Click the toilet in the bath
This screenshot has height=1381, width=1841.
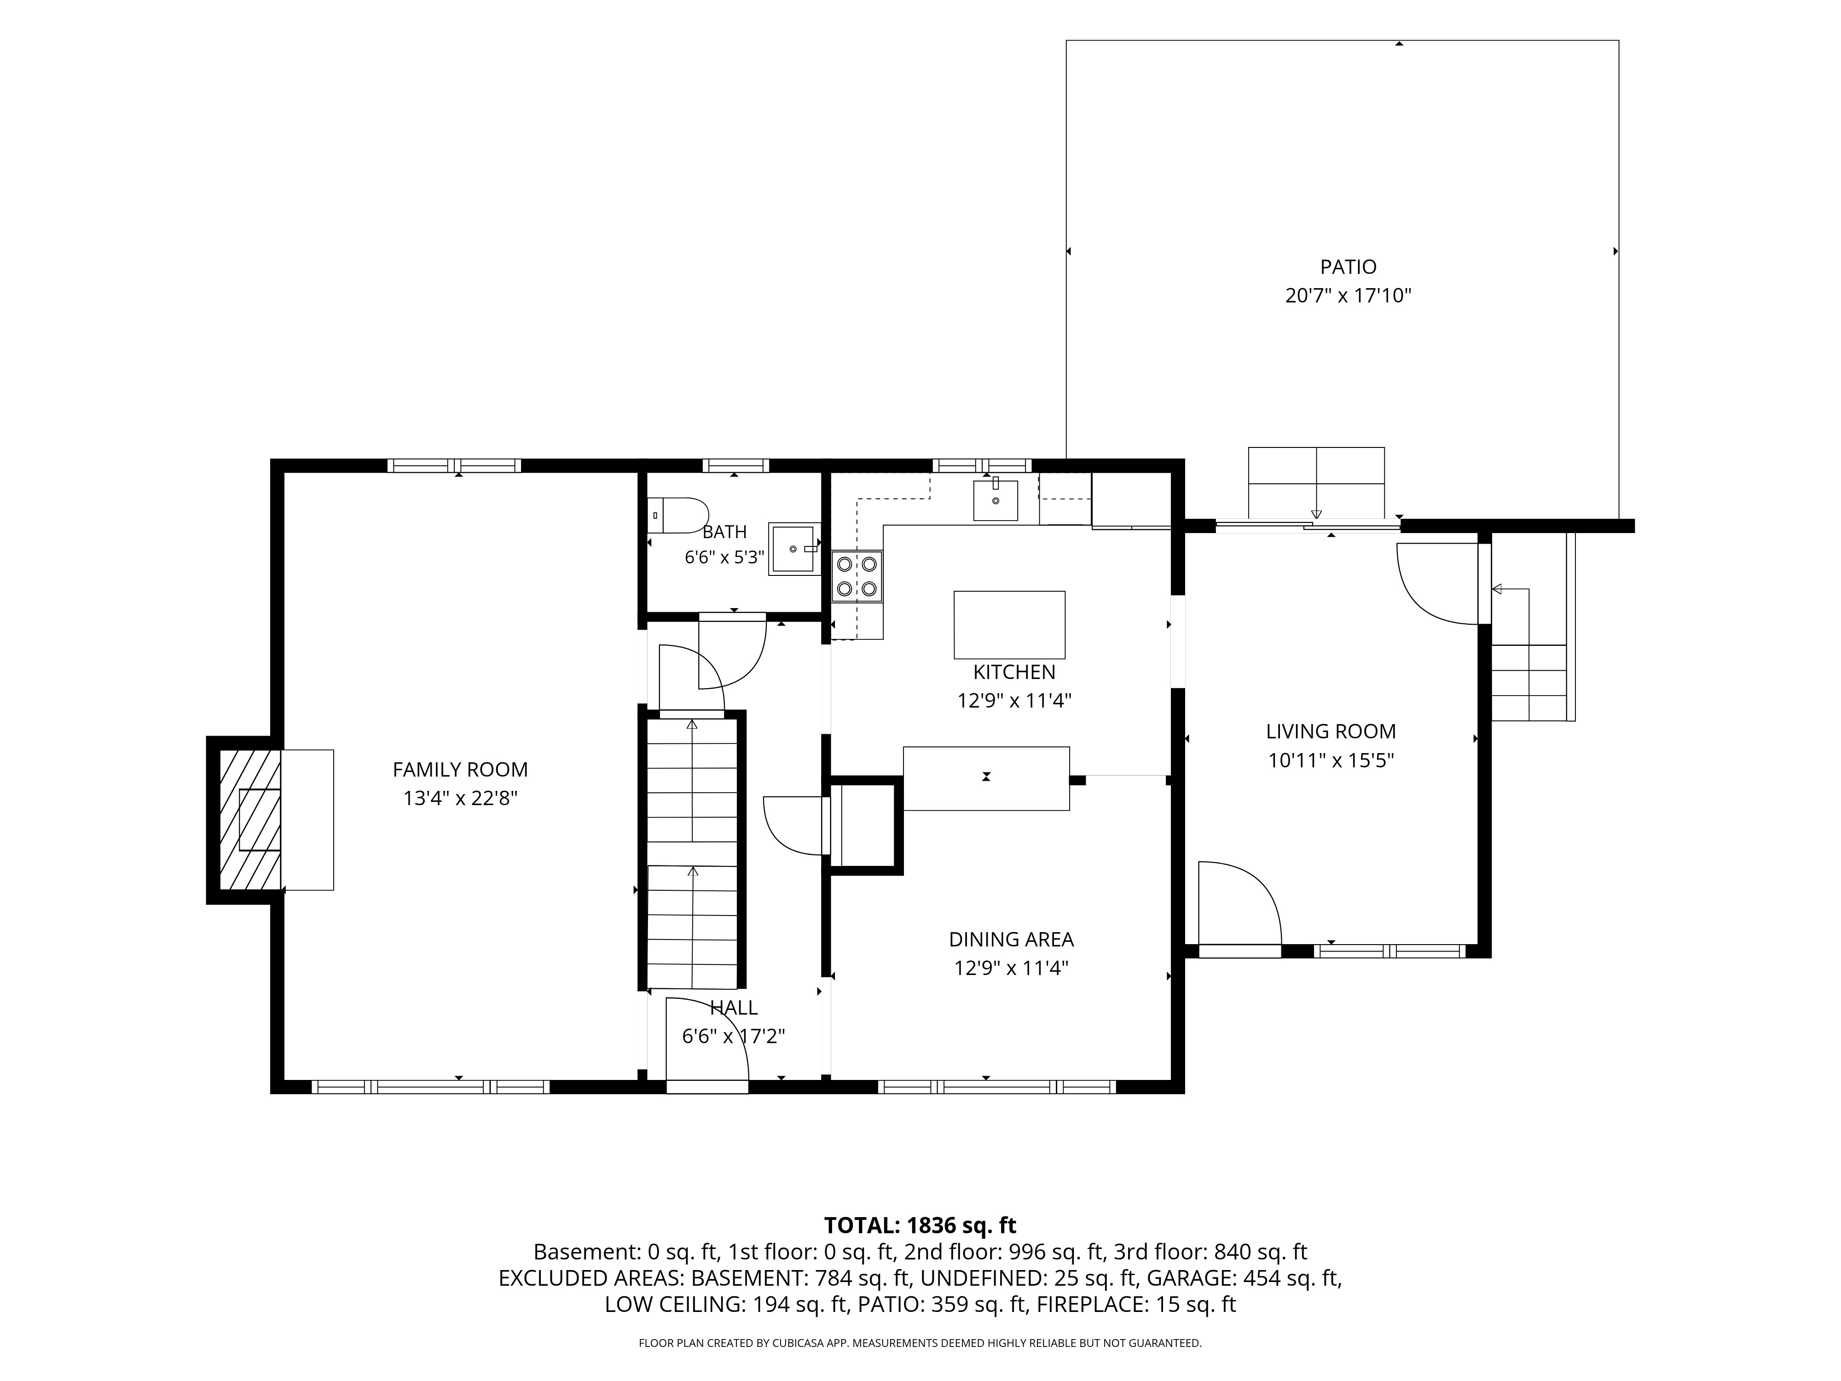pyautogui.click(x=677, y=515)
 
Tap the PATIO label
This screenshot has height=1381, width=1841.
pyautogui.click(x=1348, y=267)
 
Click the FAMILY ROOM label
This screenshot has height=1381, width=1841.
pyautogui.click(x=460, y=770)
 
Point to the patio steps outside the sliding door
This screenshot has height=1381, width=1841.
pyautogui.click(x=1316, y=483)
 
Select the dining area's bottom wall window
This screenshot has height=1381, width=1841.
pyautogui.click(x=997, y=1086)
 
